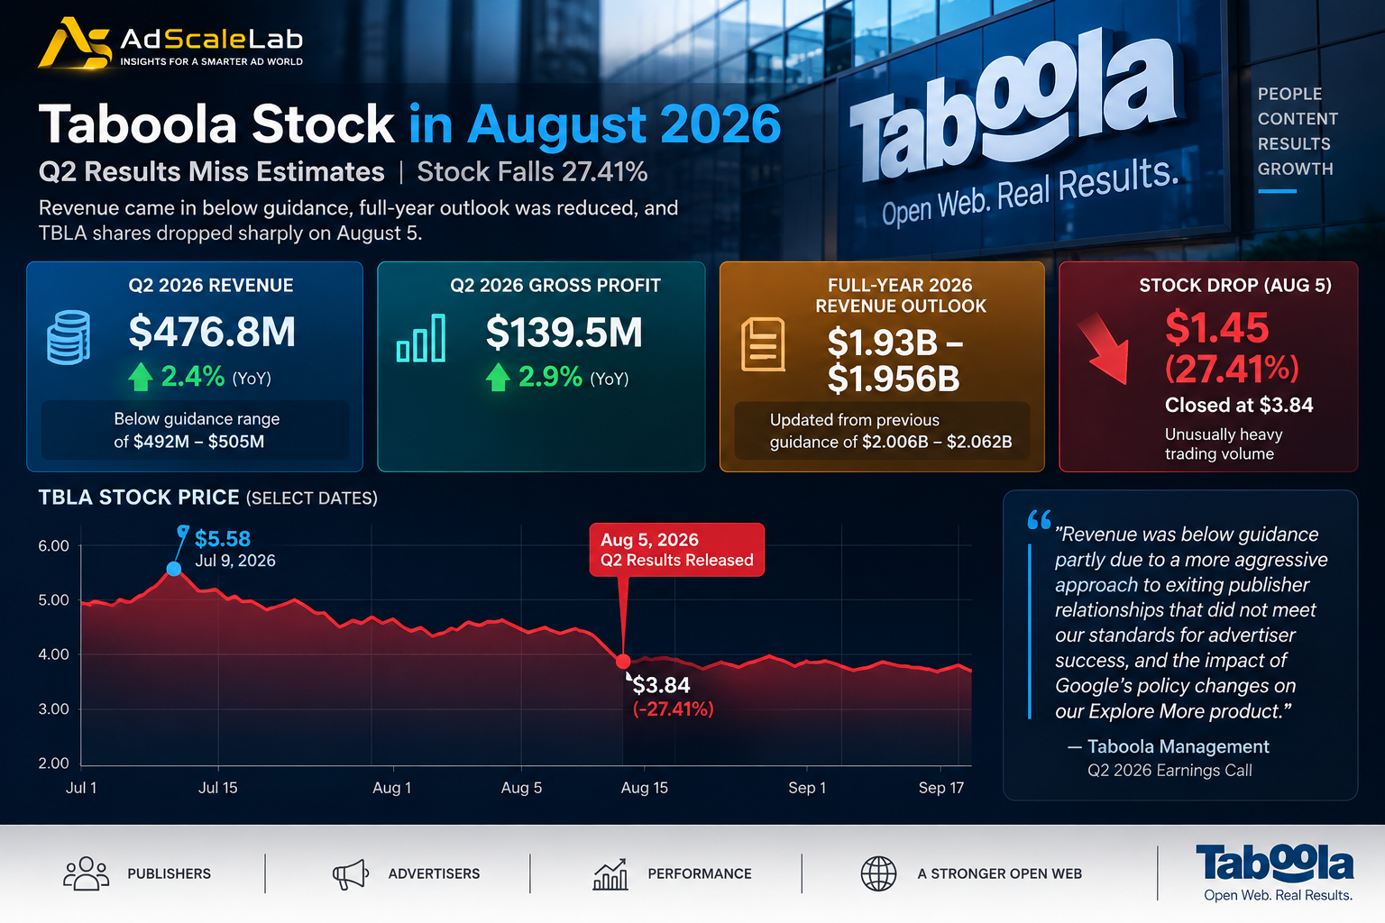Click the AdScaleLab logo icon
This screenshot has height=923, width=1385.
click(x=74, y=42)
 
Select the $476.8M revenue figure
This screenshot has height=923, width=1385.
click(x=212, y=332)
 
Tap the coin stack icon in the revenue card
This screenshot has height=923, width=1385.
click(x=69, y=337)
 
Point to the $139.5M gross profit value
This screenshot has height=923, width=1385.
click(x=564, y=333)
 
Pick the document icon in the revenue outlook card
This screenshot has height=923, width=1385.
click(x=763, y=344)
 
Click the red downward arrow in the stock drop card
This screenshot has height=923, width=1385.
click(x=1105, y=349)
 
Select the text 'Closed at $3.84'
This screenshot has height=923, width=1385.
click(x=1238, y=405)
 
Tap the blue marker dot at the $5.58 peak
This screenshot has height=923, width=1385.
click(x=174, y=569)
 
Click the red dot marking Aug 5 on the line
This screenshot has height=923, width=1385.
click(x=623, y=662)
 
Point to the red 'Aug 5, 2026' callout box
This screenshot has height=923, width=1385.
click(x=676, y=550)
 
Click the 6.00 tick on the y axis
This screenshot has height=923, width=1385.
click(x=54, y=546)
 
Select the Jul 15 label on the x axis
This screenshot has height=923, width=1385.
click(x=217, y=788)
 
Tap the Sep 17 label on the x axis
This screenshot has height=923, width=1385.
click(x=941, y=788)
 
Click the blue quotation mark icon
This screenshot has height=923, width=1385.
click(x=1039, y=520)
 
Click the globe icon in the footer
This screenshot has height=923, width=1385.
click(x=878, y=873)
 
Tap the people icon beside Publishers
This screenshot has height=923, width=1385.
click(x=86, y=873)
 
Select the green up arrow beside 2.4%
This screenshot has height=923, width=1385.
click(x=141, y=377)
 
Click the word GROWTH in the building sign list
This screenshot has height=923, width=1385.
click(x=1296, y=169)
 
